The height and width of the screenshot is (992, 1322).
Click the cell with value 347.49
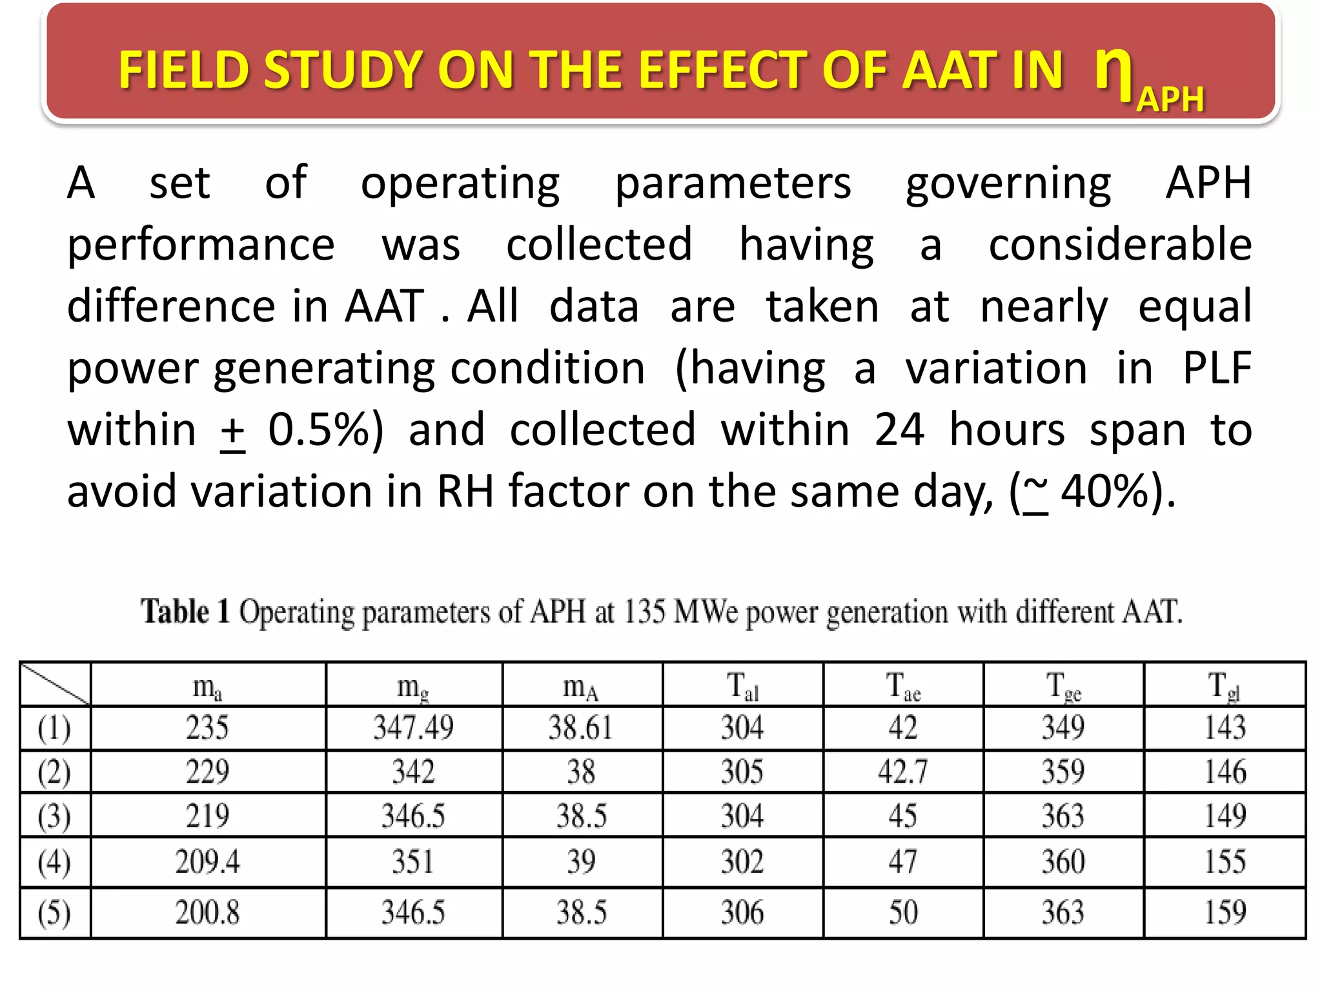coord(413,728)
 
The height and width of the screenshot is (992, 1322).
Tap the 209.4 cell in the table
coord(207,862)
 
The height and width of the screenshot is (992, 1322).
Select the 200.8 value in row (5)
coord(207,913)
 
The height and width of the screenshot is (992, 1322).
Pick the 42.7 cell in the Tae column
coord(902,772)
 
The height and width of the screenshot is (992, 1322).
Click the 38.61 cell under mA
coord(581,728)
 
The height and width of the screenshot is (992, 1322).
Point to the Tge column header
coord(1063,687)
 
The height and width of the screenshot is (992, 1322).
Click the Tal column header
coord(742,687)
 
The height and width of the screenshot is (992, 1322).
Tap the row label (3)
coord(54,816)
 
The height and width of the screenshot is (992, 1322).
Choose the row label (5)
coord(54,913)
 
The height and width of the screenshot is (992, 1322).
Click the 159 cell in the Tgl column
coord(1225,913)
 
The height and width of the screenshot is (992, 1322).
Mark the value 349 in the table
coord(1063,728)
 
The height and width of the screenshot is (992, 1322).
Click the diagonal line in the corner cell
coord(55,684)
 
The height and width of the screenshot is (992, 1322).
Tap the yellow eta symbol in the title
coord(1114,67)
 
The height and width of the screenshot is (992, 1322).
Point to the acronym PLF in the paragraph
coord(1217,368)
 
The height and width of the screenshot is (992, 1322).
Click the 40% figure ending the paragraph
coord(1105,492)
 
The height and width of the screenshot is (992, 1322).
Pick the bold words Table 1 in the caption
coord(185,611)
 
